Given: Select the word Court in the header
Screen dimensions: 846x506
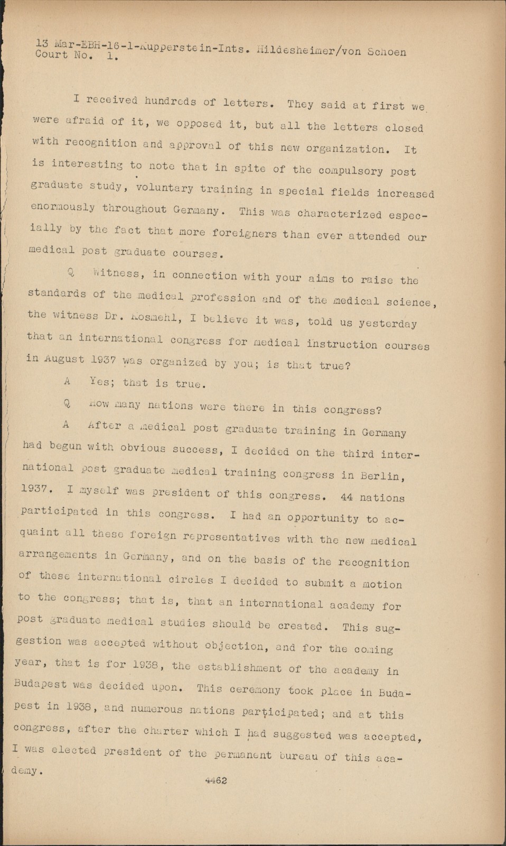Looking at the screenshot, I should click(x=52, y=54).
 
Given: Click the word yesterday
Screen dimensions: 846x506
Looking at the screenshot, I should click(x=388, y=324).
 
